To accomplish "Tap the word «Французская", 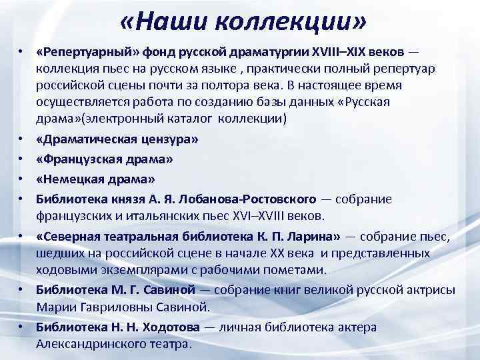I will click(83, 159).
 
